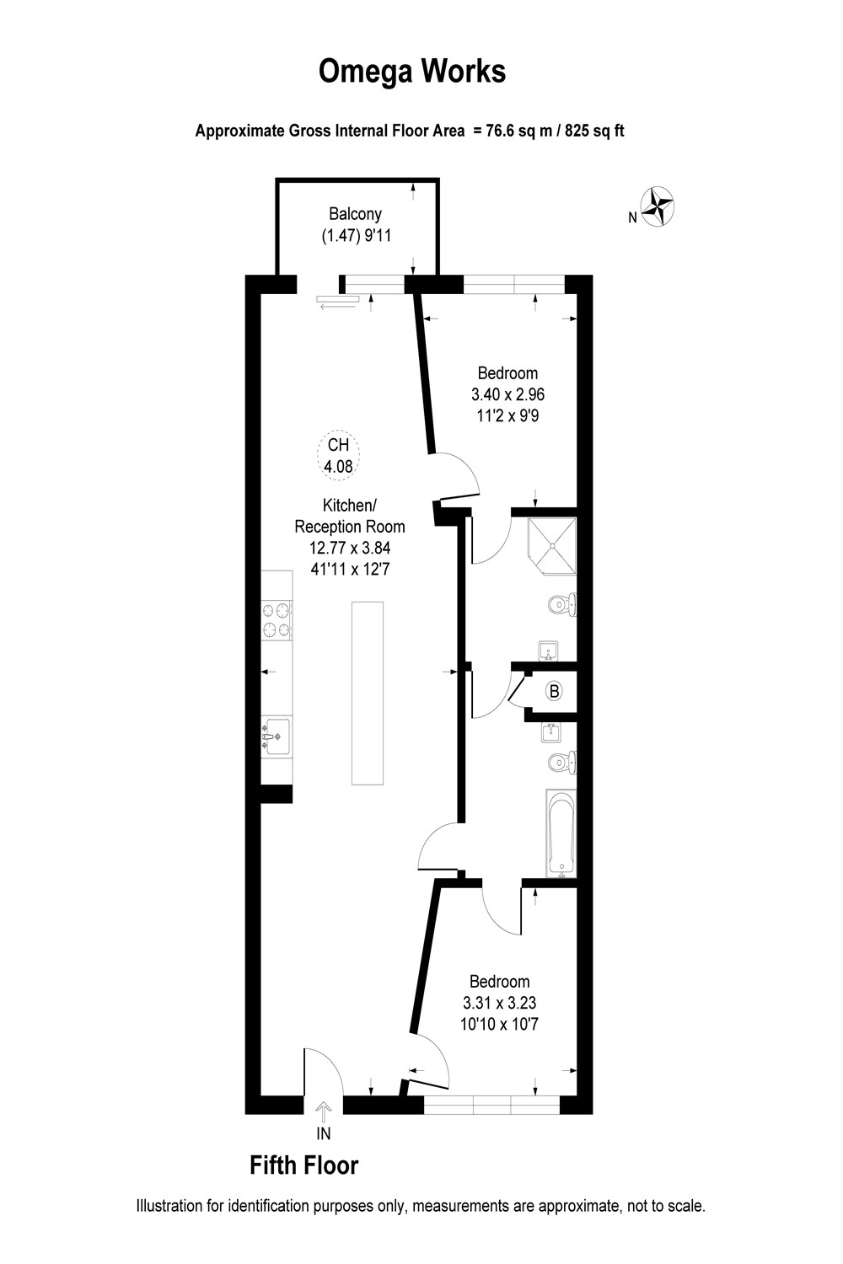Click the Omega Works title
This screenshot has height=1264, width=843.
tap(412, 72)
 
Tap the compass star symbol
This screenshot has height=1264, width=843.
tap(658, 205)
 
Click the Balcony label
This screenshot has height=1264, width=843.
tap(355, 214)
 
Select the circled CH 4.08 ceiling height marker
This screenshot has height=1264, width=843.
tap(338, 456)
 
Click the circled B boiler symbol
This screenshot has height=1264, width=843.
tap(554, 692)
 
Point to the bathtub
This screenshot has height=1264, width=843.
tap(561, 833)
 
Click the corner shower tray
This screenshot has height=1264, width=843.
tap(552, 545)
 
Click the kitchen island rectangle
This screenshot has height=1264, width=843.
tap(367, 693)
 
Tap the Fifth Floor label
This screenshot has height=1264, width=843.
tap(304, 1165)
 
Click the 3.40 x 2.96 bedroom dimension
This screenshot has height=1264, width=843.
tap(507, 394)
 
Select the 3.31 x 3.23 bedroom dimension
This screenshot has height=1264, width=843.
tap(500, 1003)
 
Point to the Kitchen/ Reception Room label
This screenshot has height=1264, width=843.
tap(349, 516)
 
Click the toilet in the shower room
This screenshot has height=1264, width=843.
tap(561, 605)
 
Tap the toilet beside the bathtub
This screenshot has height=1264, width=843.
tap(561, 763)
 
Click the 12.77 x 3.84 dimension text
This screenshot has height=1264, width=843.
tap(349, 548)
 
